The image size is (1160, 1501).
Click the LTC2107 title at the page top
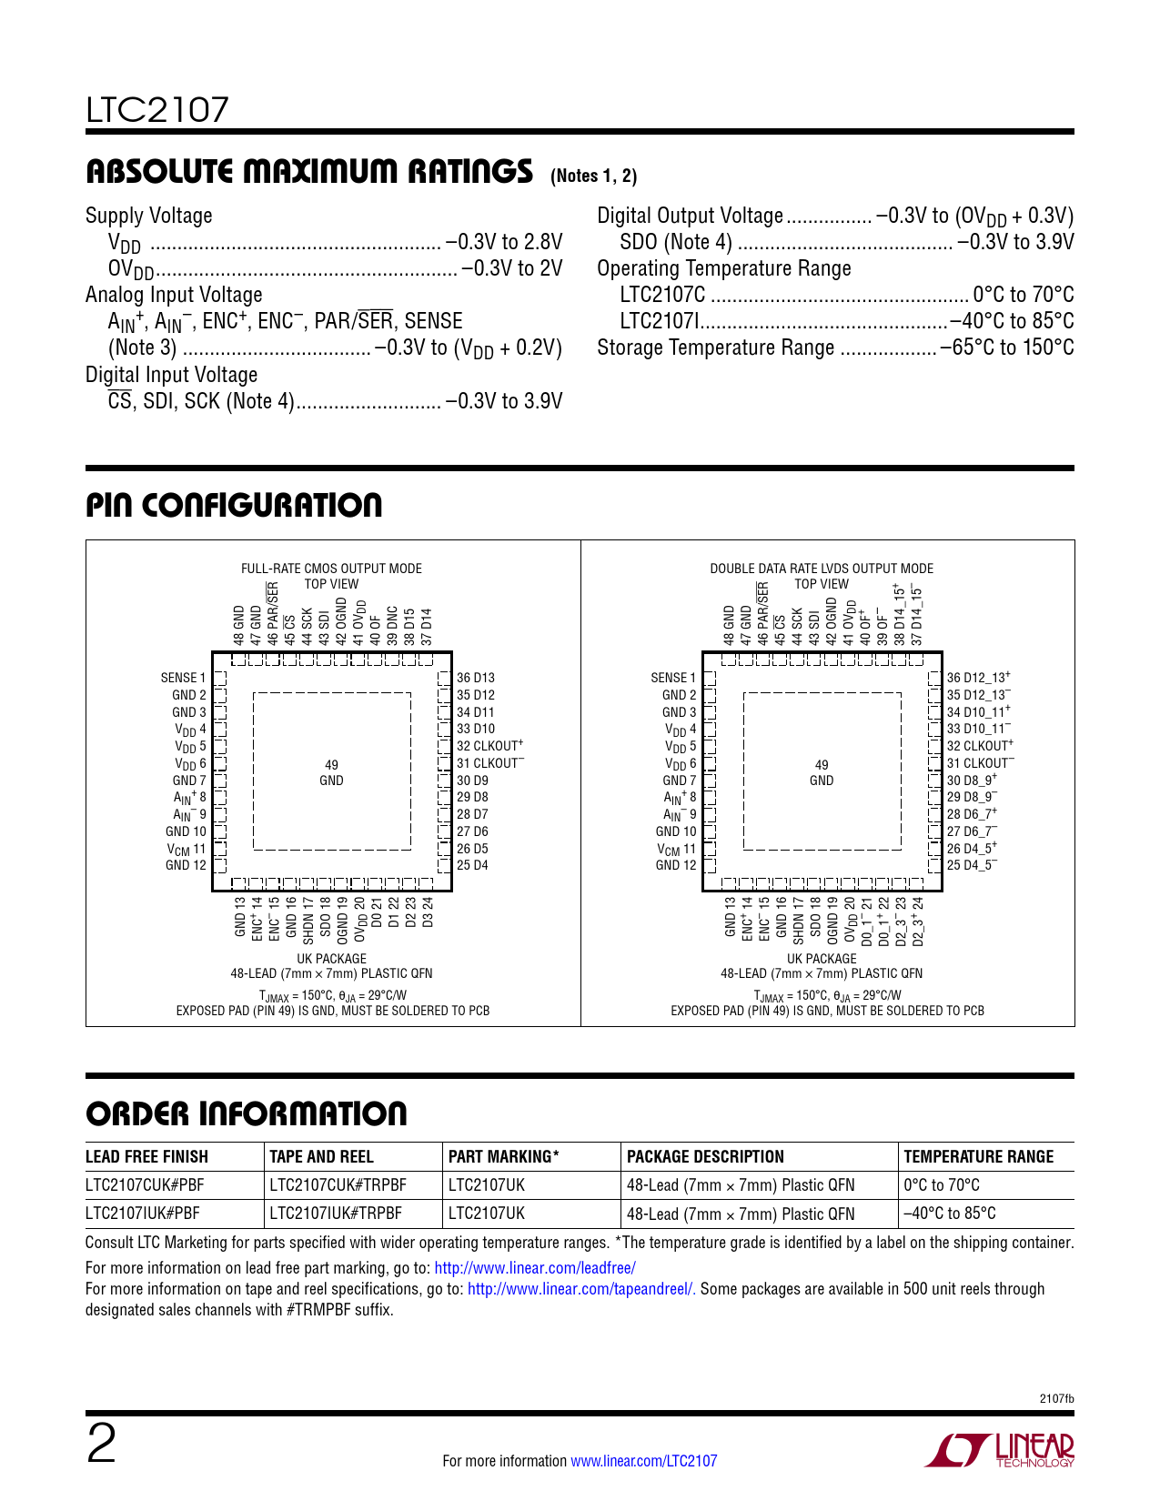pyautogui.click(x=157, y=110)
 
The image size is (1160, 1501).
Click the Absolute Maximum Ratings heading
pyautogui.click(x=308, y=171)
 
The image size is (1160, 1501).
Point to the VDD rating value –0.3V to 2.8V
pyautogui.click(x=503, y=242)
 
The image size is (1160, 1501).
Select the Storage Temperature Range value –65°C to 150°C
pyautogui.click(x=1006, y=348)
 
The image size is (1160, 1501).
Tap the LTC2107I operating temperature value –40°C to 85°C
pyautogui.click(x=1011, y=322)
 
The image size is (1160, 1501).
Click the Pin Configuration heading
pyautogui.click(x=234, y=506)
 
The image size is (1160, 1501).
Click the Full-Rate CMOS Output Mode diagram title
pyautogui.click(x=331, y=569)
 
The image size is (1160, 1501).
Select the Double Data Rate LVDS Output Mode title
pyautogui.click(x=821, y=569)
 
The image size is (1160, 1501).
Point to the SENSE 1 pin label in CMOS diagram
pyautogui.click(x=183, y=678)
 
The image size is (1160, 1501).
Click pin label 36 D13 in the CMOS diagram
pyautogui.click(x=476, y=678)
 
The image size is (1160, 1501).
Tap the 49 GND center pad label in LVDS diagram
pyautogui.click(x=822, y=772)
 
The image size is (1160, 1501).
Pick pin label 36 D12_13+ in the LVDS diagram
pyautogui.click(x=978, y=678)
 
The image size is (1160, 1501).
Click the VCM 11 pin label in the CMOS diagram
pyautogui.click(x=186, y=849)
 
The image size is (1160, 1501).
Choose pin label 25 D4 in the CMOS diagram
pyautogui.click(x=472, y=865)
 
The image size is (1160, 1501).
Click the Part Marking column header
pyautogui.click(x=503, y=1157)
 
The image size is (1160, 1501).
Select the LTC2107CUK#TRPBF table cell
pyautogui.click(x=338, y=1185)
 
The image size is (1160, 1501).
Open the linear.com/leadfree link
pyautogui.click(x=535, y=1268)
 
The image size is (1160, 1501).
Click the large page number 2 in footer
pyautogui.click(x=101, y=1445)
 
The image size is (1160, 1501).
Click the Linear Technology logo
pyautogui.click(x=1000, y=1450)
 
